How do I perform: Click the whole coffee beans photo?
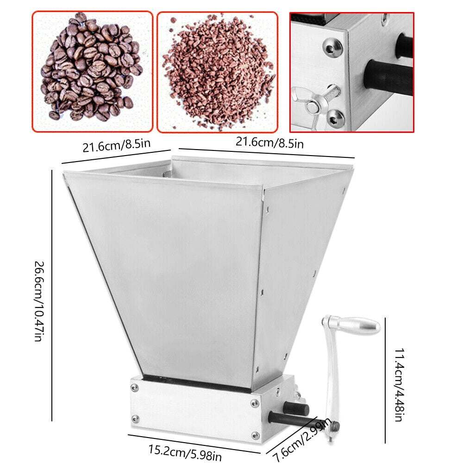tap(92, 71)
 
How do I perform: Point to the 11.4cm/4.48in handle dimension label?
tap(396, 380)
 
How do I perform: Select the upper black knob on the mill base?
tap(296, 408)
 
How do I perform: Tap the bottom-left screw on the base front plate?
tap(135, 419)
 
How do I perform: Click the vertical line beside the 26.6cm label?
tap(52, 295)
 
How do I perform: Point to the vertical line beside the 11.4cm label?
tap(385, 380)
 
